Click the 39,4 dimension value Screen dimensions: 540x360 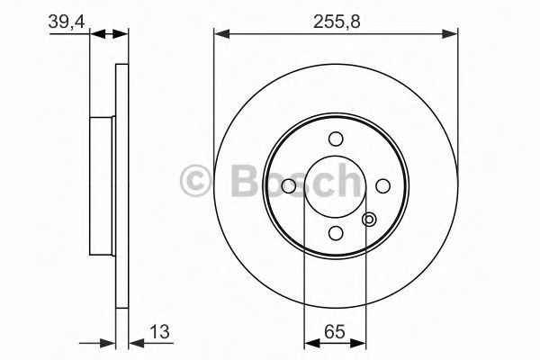point(66,22)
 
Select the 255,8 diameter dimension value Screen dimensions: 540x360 point(337,22)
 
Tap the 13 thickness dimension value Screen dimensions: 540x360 point(159,332)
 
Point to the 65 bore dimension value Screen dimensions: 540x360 point(335,332)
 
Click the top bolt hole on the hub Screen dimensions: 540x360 point(336,139)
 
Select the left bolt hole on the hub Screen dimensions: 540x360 point(289,186)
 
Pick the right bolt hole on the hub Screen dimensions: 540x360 point(382,186)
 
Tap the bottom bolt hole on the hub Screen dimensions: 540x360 point(336,233)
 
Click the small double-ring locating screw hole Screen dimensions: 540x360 point(369,220)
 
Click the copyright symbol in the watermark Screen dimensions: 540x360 point(195,180)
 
